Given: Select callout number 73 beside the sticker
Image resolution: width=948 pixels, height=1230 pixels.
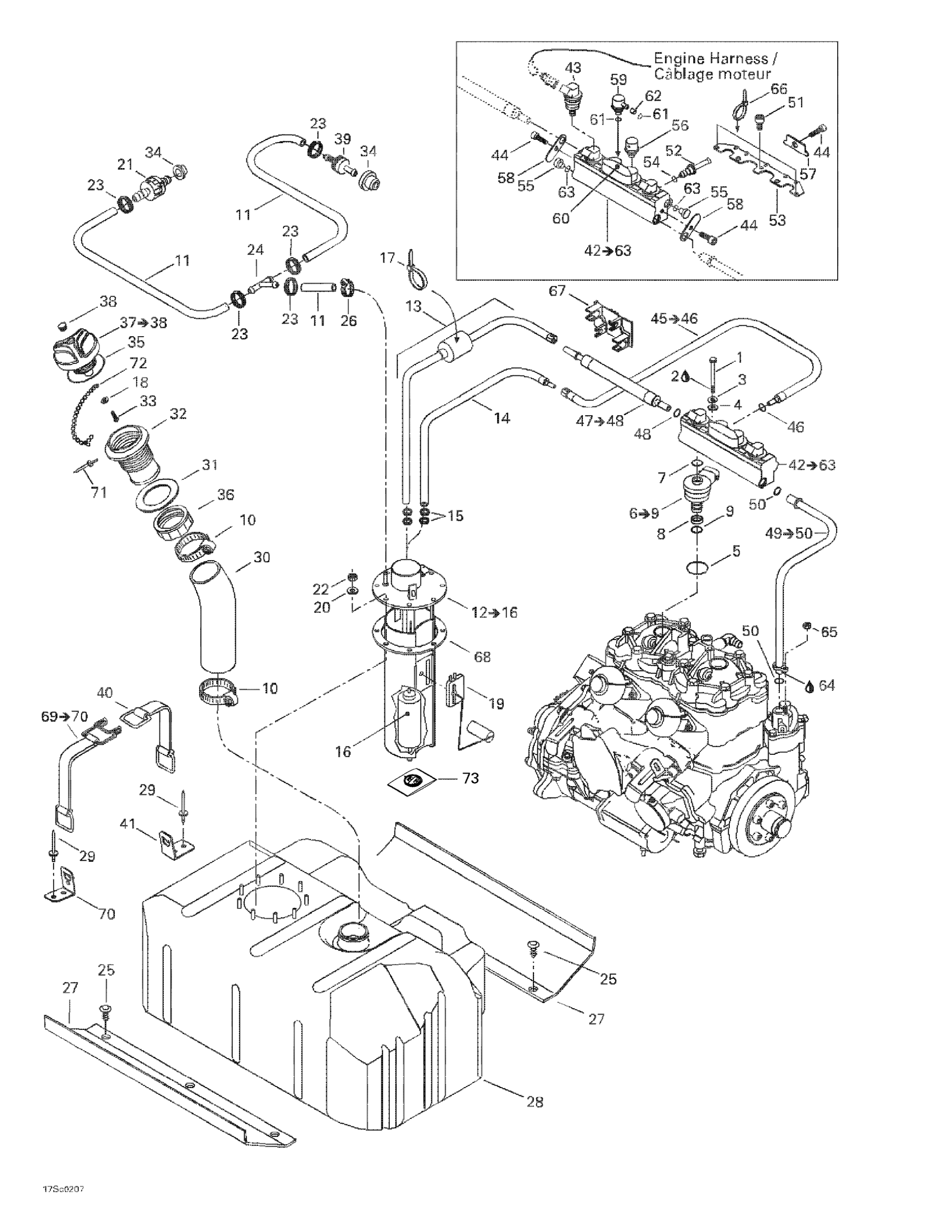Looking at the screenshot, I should (x=470, y=778).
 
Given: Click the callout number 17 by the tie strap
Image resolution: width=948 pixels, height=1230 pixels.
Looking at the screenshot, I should (x=388, y=258).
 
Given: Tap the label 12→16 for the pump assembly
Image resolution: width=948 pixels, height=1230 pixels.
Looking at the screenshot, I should (x=495, y=612).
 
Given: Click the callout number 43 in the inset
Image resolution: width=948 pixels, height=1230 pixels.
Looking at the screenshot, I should (x=573, y=68).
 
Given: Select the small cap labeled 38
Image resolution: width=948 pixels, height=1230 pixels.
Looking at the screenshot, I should (x=63, y=326).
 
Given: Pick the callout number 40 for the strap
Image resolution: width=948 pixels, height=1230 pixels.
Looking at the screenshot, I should (x=105, y=693).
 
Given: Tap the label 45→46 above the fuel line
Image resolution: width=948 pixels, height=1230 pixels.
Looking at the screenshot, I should (x=674, y=318).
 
